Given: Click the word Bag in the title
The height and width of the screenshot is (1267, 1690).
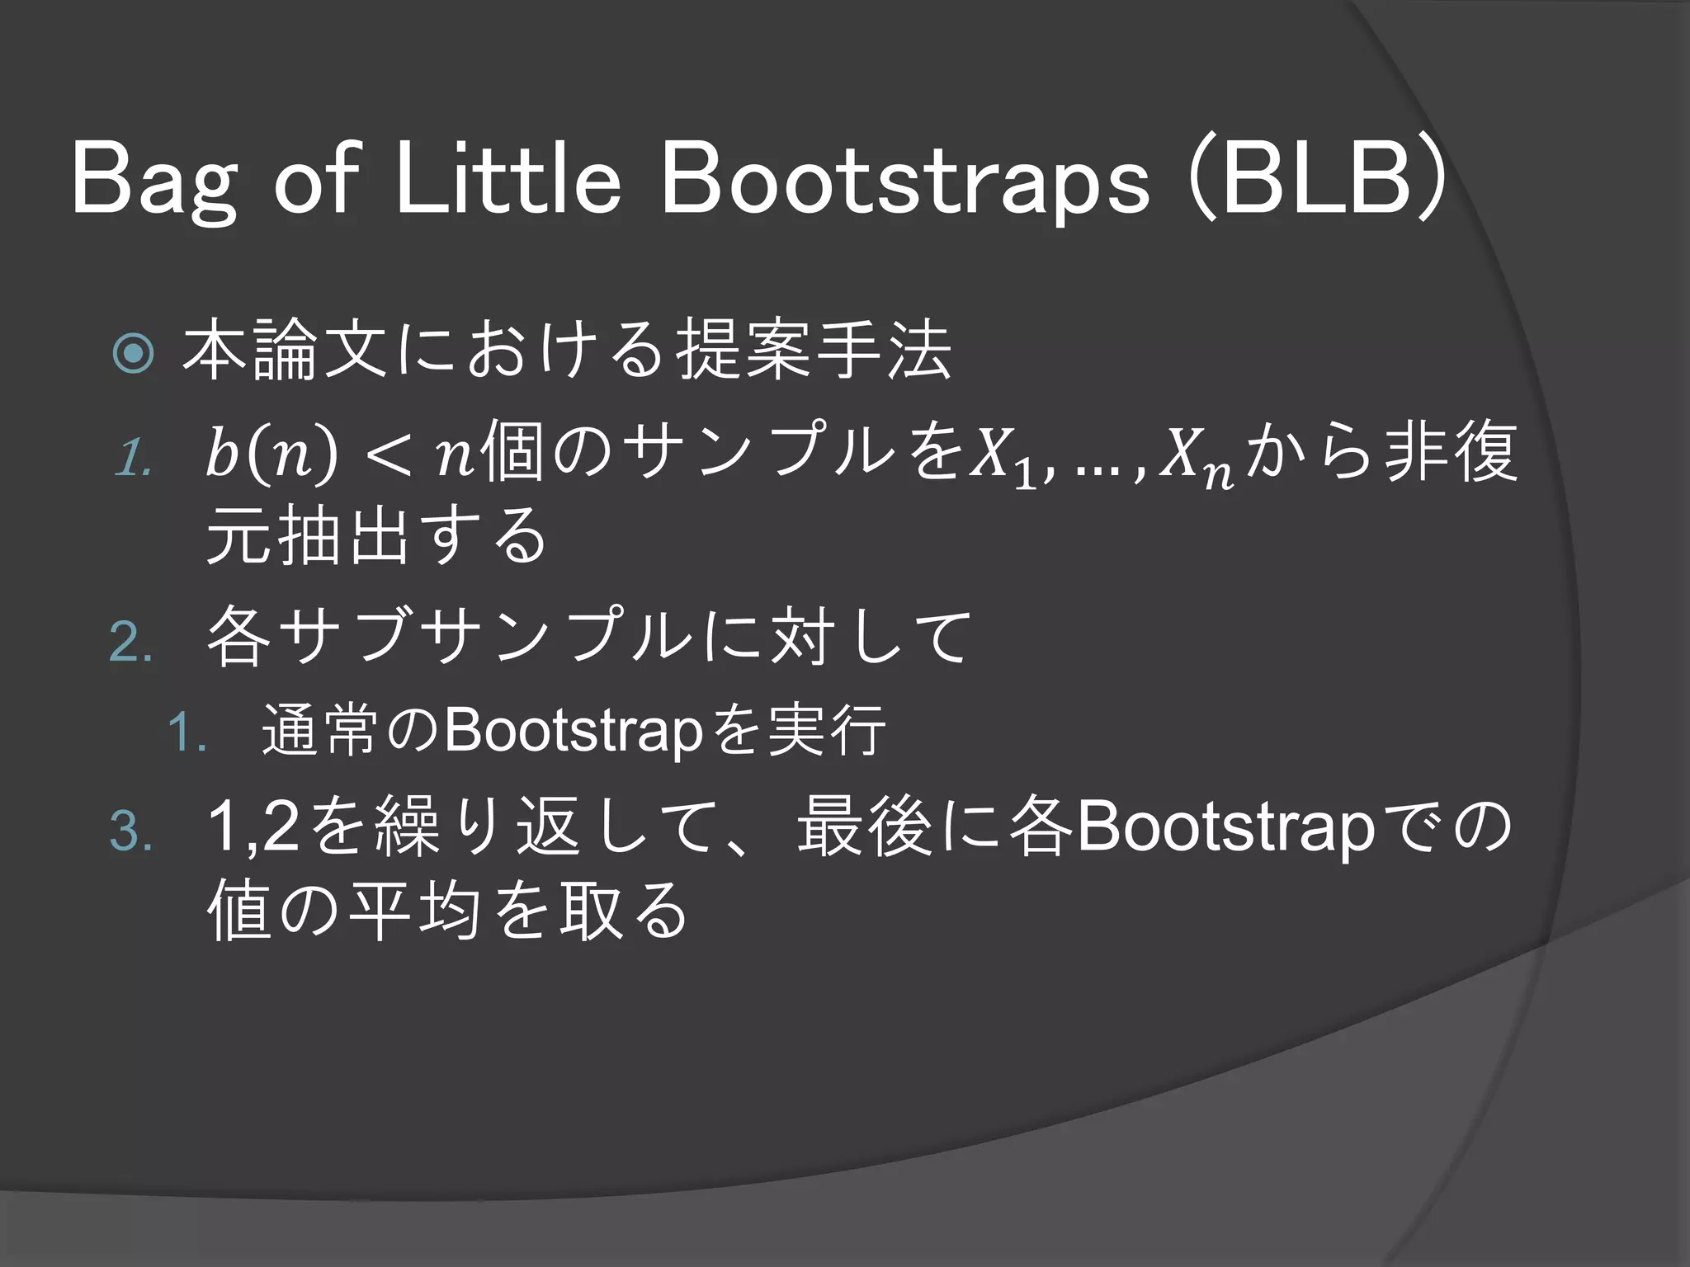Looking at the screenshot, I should tap(155, 180).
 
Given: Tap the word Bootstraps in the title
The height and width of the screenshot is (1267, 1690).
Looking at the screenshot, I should tap(904, 180).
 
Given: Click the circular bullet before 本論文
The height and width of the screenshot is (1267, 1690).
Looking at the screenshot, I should tap(134, 353).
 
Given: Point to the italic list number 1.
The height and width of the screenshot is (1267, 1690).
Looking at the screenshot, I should tap(132, 457).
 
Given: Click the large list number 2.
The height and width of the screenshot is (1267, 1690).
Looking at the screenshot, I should tap(130, 643).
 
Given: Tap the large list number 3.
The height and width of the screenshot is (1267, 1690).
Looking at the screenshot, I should tap(130, 830).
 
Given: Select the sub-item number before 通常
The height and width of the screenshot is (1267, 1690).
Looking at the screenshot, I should tap(186, 732).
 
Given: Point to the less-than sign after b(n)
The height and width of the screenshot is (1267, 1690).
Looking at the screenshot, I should tap(389, 455).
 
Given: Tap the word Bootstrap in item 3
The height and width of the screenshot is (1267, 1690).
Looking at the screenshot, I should tap(1225, 828).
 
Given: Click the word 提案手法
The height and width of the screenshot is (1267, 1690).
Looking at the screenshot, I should tap(814, 351).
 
